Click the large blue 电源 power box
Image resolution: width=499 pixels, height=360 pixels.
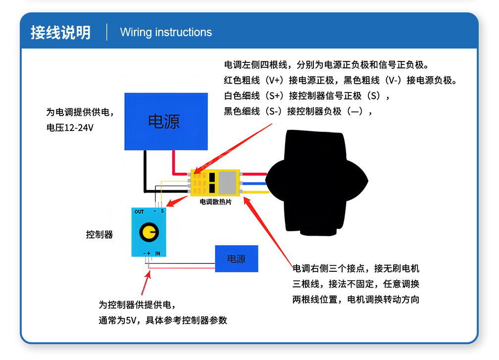click(165, 121)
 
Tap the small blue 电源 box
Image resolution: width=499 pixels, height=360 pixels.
click(236, 258)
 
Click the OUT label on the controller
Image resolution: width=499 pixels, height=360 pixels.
click(139, 212)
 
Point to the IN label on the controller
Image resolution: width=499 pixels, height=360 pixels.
click(158, 254)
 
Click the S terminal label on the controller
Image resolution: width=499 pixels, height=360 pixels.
click(162, 211)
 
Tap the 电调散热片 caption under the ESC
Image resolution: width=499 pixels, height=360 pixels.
click(215, 202)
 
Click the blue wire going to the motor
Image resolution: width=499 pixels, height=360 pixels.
click(254, 183)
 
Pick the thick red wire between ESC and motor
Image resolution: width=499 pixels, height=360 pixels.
click(254, 174)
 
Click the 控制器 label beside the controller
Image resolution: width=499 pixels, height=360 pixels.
click(100, 234)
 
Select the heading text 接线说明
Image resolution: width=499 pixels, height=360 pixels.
click(60, 32)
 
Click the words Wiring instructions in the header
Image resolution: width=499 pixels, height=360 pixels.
click(166, 33)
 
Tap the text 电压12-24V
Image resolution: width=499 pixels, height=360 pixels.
click(70, 128)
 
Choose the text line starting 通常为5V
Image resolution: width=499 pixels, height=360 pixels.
click(163, 320)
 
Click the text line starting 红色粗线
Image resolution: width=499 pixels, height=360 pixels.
click(341, 80)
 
